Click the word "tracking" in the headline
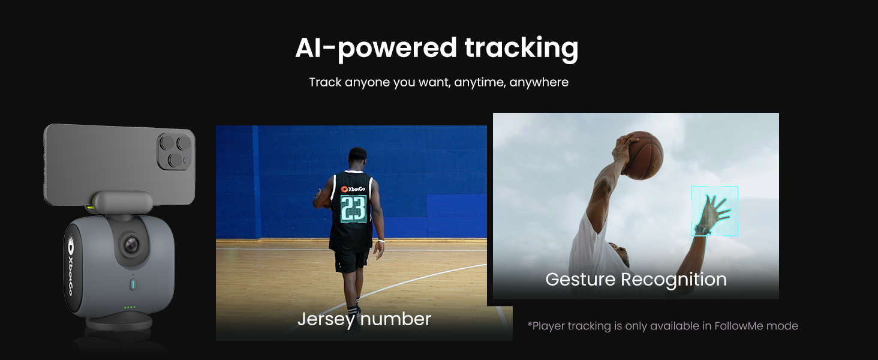521,49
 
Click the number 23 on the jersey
353,209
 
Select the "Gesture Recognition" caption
636,280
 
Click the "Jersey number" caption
364,319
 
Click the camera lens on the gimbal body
131,244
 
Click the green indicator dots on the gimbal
130,307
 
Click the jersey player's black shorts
351,261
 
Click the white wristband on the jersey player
380,241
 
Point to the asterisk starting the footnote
530,325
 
